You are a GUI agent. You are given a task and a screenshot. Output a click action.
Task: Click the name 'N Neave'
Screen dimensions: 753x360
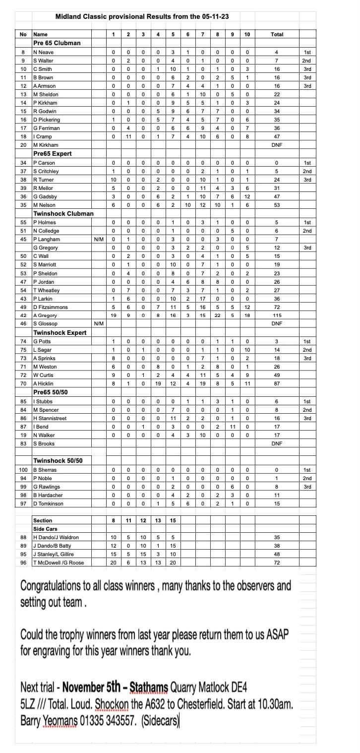(x=43, y=52)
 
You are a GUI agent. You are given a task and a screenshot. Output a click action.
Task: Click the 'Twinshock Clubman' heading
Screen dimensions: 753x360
(x=63, y=214)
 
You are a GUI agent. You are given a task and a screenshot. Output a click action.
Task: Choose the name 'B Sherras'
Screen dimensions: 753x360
(x=45, y=470)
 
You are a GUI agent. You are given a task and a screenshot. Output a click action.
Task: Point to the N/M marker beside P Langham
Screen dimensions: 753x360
(x=99, y=239)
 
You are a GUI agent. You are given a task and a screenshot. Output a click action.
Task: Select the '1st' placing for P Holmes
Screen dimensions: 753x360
(x=307, y=222)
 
